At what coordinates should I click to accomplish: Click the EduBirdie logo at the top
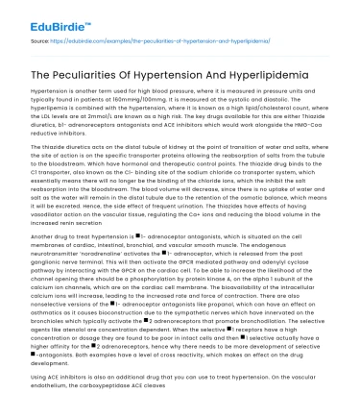47,14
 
